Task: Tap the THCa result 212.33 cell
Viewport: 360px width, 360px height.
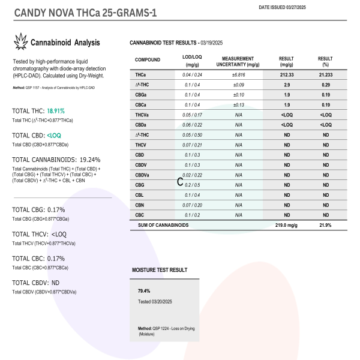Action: coord(286,75)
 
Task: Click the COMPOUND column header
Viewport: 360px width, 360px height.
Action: coord(148,61)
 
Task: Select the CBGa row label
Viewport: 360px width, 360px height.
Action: coord(143,95)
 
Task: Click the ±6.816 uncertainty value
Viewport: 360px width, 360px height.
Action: coord(238,75)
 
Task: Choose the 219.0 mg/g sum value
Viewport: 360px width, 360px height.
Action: coord(286,225)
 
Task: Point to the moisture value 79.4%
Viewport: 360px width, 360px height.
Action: coord(145,290)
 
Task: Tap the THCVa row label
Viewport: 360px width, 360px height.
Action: coord(143,115)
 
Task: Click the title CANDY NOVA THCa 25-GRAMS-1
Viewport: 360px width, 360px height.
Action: coord(85,12)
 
